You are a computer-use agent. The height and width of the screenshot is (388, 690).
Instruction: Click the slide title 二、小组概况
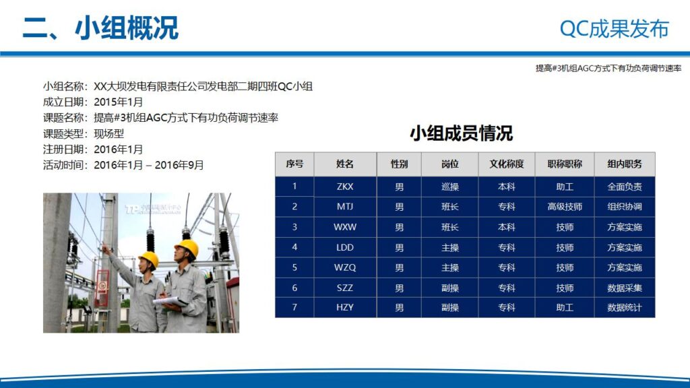coord(100,28)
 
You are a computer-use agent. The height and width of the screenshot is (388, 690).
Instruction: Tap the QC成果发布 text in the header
coord(614,29)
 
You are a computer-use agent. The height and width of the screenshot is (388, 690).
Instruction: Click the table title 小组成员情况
coord(461,133)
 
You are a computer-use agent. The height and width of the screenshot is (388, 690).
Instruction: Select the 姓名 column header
coord(345,164)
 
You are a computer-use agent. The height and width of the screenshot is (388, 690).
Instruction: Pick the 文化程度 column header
coord(507,164)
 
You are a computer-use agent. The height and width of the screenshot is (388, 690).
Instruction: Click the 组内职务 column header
coord(625,164)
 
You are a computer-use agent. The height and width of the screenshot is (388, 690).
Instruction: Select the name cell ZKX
coord(345,187)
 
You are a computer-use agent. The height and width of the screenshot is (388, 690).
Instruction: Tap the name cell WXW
coord(345,227)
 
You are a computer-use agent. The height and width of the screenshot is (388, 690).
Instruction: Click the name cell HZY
coord(345,308)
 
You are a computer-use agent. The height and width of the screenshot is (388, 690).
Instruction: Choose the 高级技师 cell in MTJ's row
coord(565,207)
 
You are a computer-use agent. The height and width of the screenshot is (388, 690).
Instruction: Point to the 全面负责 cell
coord(625,187)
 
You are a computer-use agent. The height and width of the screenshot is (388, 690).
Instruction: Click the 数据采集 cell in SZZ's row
coord(625,288)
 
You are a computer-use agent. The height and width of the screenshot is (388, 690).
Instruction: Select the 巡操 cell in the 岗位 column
coord(449,187)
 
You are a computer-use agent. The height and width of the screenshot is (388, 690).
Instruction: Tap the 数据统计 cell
coord(625,308)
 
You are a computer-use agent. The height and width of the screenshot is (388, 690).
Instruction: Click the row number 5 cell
coord(294,267)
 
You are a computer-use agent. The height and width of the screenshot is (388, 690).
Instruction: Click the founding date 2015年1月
coord(119,102)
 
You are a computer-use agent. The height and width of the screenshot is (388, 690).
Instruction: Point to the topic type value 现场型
coord(109,133)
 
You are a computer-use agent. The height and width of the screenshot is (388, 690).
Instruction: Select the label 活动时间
coord(65,165)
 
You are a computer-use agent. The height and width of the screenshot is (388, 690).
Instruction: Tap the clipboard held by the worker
coord(166,301)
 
